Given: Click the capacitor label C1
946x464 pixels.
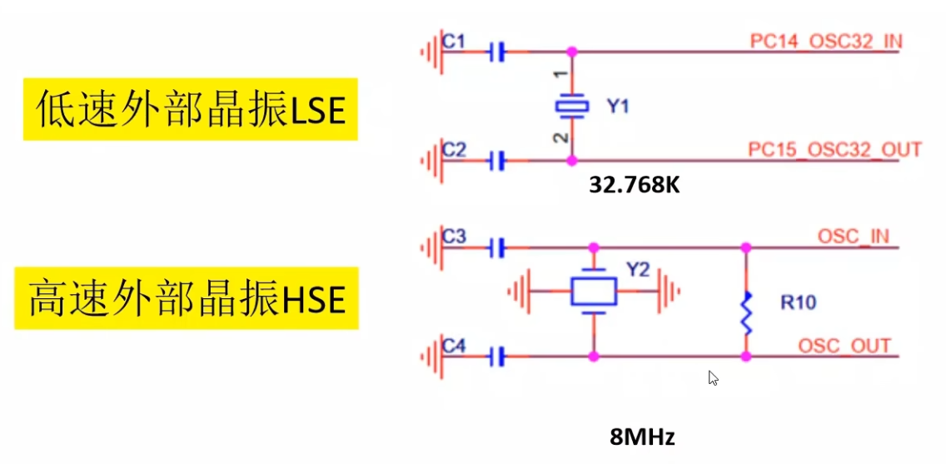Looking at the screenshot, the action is [x=453, y=41].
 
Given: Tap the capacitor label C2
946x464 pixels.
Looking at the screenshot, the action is [x=454, y=149].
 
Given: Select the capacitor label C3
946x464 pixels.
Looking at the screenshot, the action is [x=454, y=236].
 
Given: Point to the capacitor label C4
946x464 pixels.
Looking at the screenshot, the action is [x=454, y=347].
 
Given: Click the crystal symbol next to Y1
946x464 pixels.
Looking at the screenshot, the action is [x=571, y=106].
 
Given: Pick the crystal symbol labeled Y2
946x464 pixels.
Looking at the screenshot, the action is [x=594, y=292].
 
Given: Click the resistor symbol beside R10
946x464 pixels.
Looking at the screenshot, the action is [x=746, y=312].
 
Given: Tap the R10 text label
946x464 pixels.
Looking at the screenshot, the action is [x=798, y=302].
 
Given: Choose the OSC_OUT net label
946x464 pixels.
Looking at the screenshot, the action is [x=844, y=346].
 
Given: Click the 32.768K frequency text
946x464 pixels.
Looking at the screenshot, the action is [x=635, y=185].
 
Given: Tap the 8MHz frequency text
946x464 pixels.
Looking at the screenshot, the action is [x=642, y=437].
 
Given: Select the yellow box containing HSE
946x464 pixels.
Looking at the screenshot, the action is [x=187, y=298].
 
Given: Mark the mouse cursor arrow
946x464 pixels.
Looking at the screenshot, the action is [x=713, y=378].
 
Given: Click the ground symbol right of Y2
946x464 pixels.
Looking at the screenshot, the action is [x=669, y=292].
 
